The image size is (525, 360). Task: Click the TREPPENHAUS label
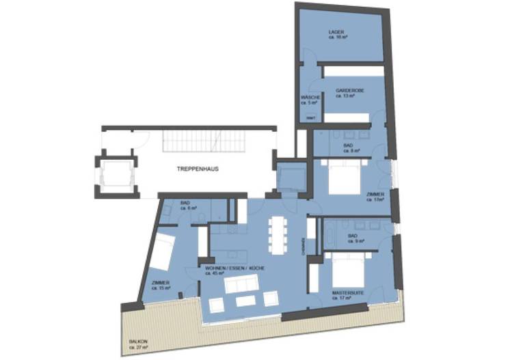click(198, 168)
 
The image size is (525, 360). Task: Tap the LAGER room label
click(336, 31)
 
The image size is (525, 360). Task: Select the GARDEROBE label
click(349, 91)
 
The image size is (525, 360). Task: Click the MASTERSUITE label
click(348, 292)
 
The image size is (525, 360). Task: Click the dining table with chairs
click(277, 234)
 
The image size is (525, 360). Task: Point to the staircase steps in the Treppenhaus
click(191, 142)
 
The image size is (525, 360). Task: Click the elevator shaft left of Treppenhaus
click(113, 176)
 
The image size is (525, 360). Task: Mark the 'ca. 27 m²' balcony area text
click(139, 346)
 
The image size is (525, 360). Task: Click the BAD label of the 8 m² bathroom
click(348, 146)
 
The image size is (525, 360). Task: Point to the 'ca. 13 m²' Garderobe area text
click(346, 96)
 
